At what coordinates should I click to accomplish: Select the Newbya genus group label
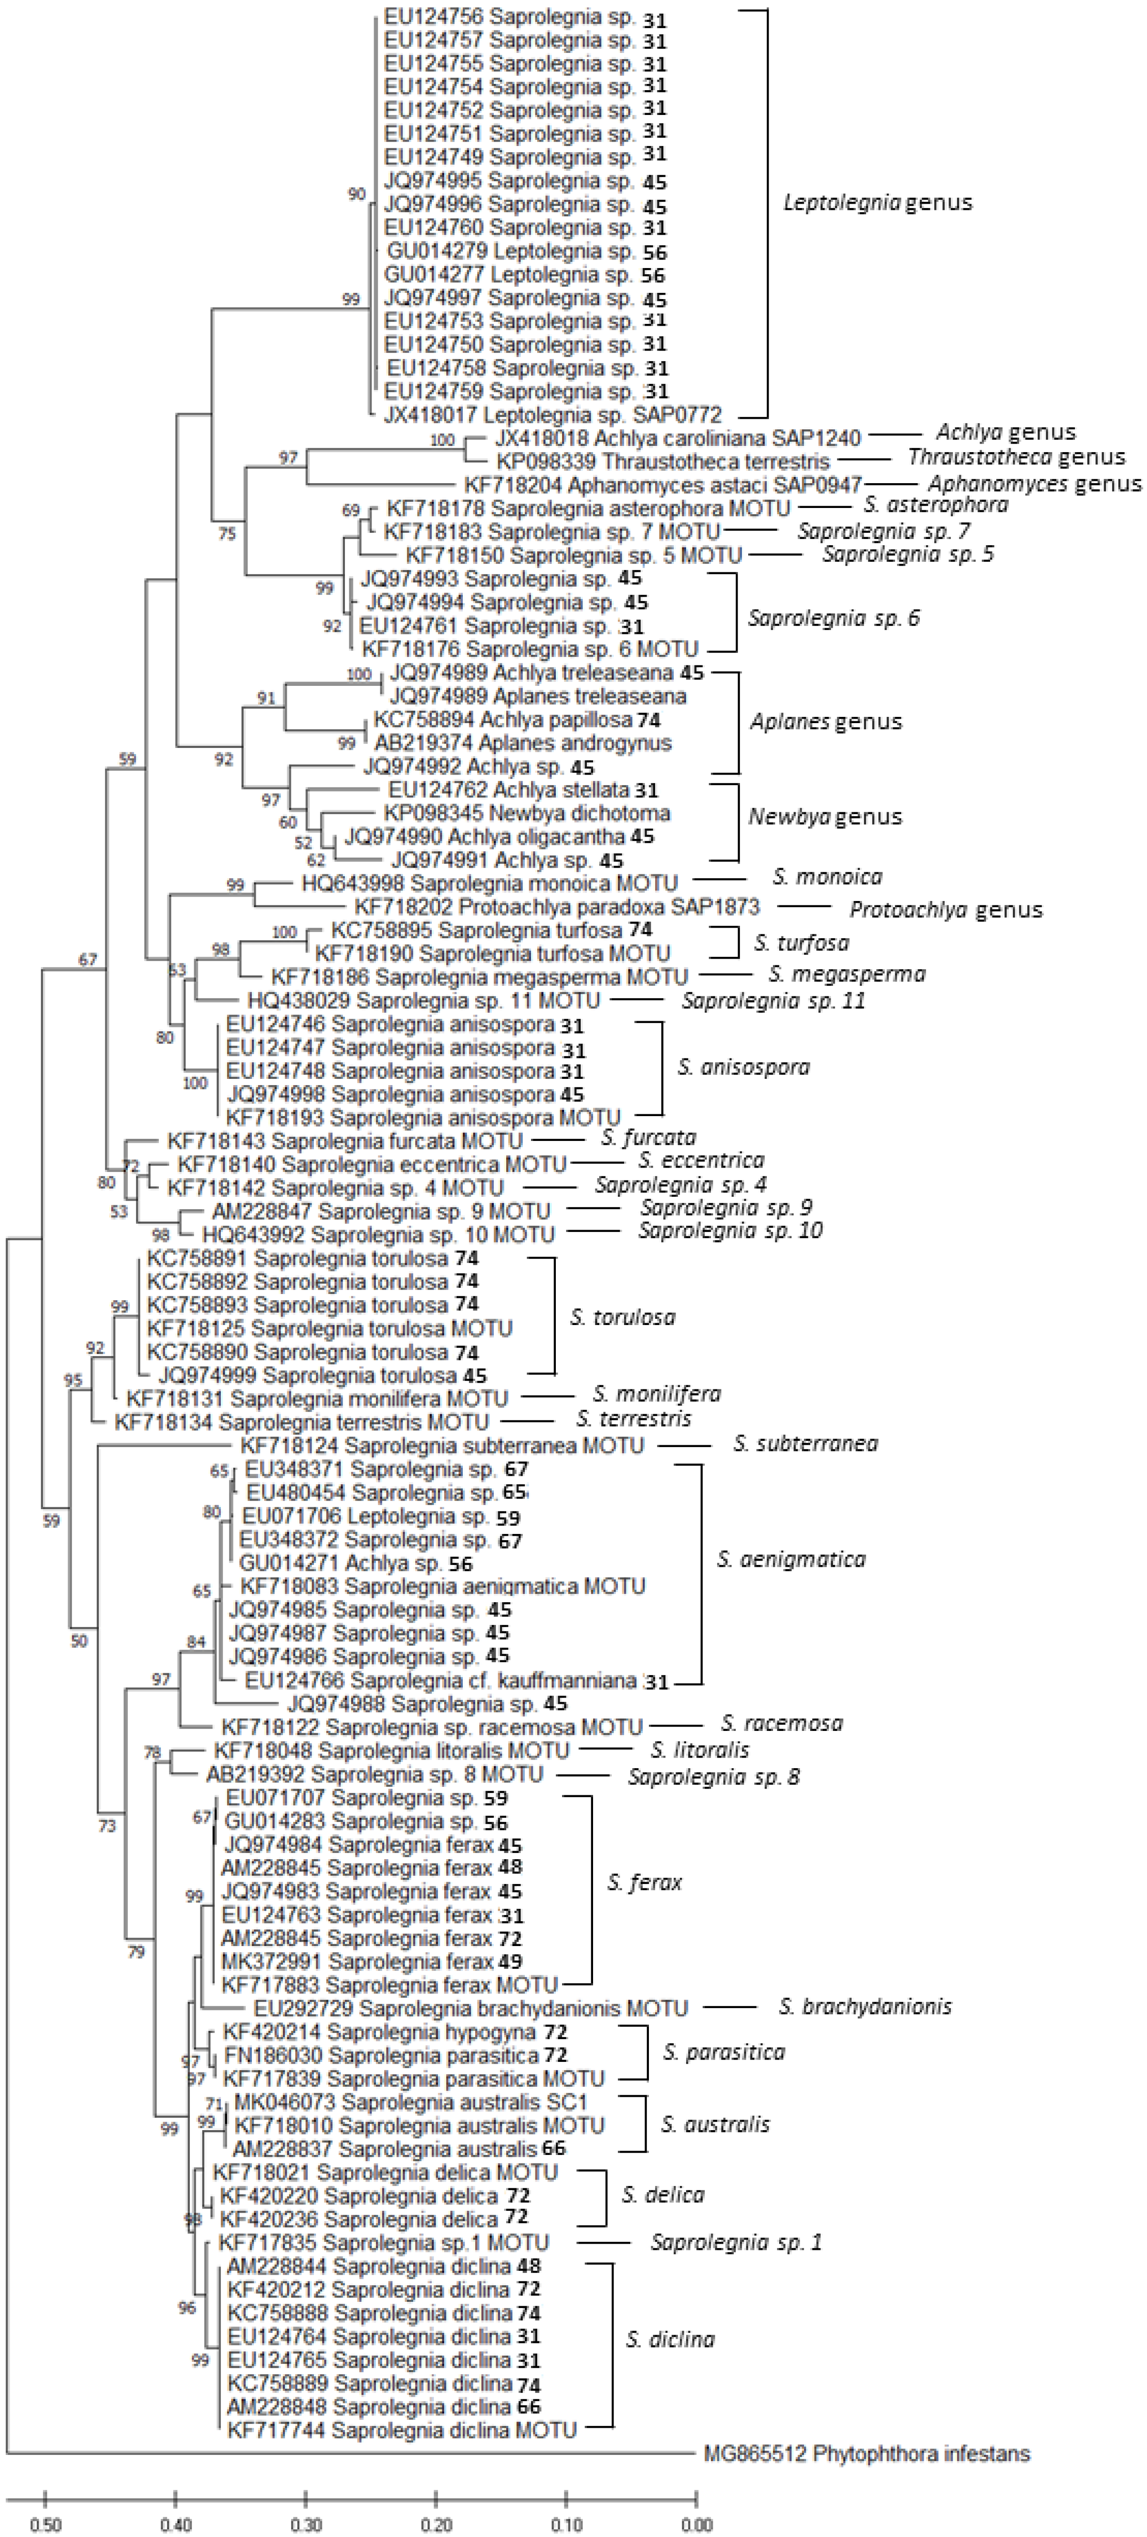click(x=825, y=817)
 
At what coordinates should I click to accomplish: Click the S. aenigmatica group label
click(x=791, y=1559)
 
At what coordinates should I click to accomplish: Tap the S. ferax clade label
click(x=645, y=1882)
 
